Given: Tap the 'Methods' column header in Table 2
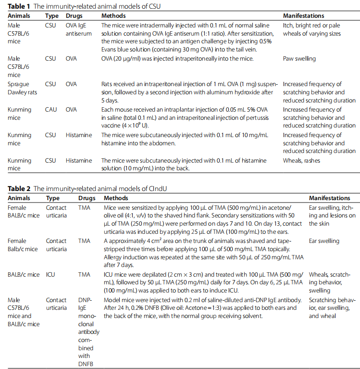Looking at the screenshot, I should [116, 198].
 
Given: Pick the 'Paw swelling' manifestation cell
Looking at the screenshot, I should [299, 59].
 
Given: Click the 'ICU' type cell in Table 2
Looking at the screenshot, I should [51, 275].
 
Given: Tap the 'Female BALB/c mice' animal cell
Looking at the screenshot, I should [23, 212].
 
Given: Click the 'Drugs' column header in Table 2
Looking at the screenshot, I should [86, 198].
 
